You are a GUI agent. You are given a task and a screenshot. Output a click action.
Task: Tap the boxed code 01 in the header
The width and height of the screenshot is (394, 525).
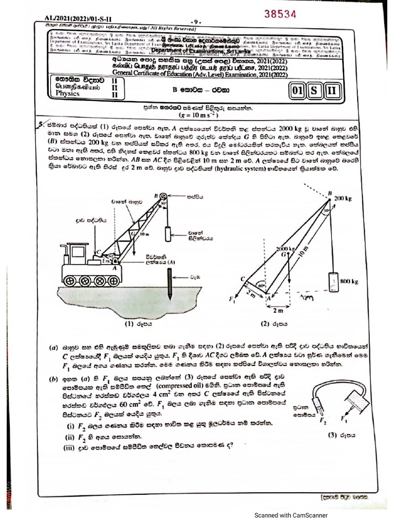click(298, 92)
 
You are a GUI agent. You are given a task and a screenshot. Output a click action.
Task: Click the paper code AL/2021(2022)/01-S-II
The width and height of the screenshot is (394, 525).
click(74, 19)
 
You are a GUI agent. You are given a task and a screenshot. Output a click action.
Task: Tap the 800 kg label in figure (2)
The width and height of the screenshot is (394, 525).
click(349, 281)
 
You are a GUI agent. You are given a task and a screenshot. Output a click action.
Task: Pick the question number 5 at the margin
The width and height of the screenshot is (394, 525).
click(41, 125)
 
